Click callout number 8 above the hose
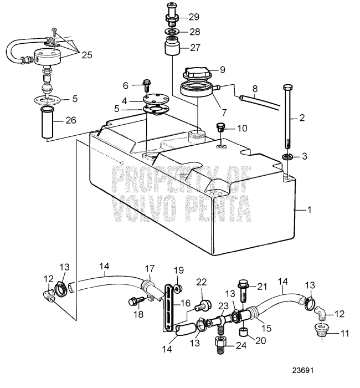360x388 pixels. point(255,88)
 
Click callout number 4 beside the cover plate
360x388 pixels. point(125,100)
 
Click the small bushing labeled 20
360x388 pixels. point(242,333)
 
